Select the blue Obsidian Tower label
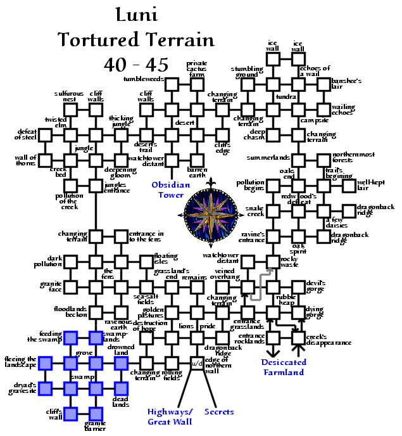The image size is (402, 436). [171, 190]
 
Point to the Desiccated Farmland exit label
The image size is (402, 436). [284, 367]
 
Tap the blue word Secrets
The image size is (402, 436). [220, 412]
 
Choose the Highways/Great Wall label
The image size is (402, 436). [170, 416]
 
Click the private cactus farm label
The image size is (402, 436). [197, 69]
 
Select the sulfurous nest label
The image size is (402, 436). [66, 96]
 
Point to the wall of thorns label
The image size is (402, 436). [26, 162]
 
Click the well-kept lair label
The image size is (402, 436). [374, 184]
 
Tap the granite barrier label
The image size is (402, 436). [95, 426]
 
